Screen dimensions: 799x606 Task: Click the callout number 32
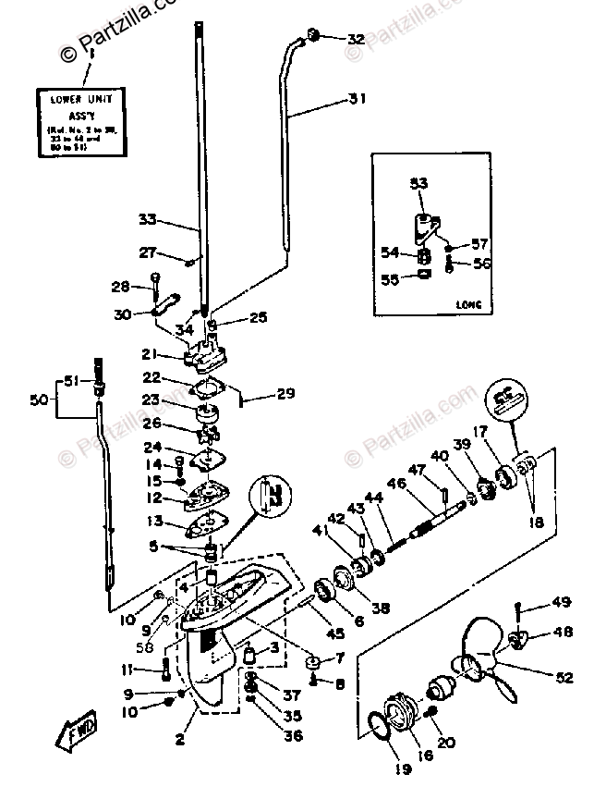click(356, 40)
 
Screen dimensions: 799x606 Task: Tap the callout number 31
click(358, 98)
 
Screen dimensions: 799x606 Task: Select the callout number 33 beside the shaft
click(148, 220)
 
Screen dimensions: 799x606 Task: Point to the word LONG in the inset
click(469, 304)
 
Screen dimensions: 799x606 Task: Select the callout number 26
click(151, 423)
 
